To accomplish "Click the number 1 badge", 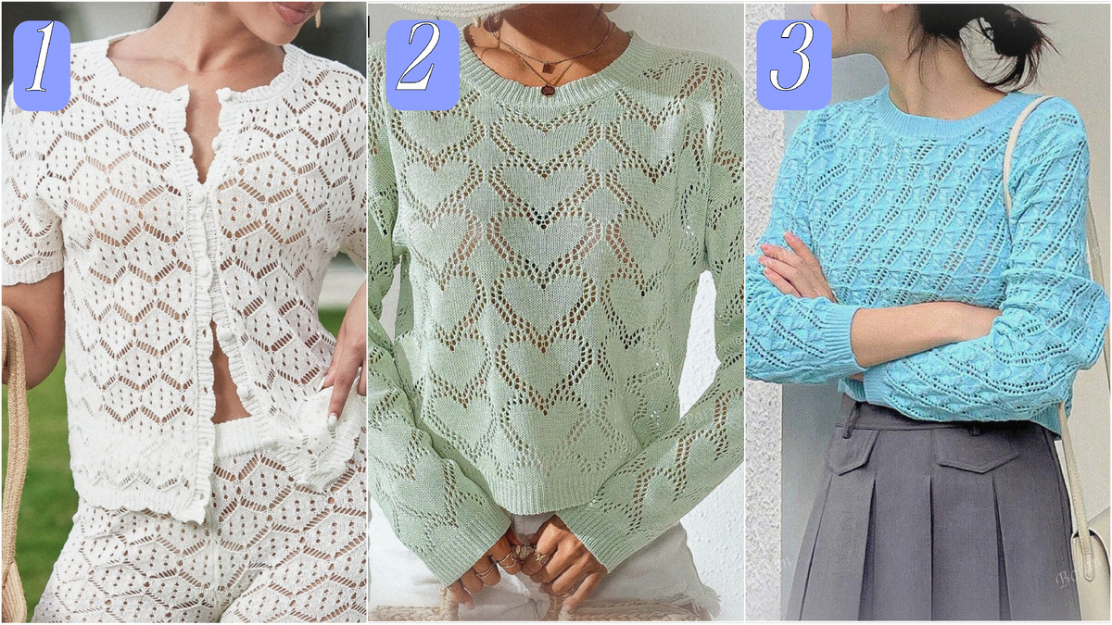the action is [41, 65].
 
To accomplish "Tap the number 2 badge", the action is [423, 65].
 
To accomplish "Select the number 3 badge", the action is [794, 65].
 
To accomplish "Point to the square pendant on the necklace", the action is [548, 69].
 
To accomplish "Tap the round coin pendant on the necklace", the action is [548, 91].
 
